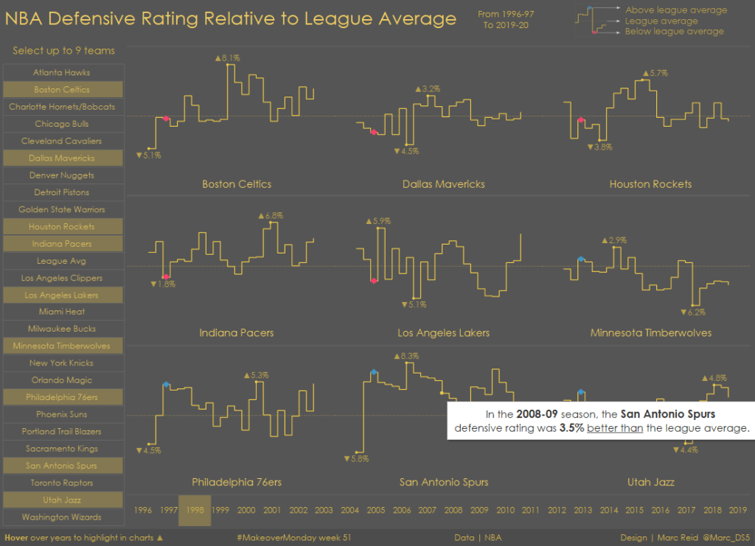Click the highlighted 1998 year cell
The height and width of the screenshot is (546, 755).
click(195, 510)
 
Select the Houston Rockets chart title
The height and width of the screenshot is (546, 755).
click(650, 184)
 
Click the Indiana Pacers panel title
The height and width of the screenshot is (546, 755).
click(236, 333)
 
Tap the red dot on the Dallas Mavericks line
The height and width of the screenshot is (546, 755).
click(375, 133)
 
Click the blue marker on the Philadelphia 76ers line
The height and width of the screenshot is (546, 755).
click(166, 385)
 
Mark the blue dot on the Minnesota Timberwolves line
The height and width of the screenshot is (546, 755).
click(581, 259)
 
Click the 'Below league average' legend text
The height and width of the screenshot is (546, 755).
click(674, 32)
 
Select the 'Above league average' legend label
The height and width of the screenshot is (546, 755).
click(675, 10)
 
